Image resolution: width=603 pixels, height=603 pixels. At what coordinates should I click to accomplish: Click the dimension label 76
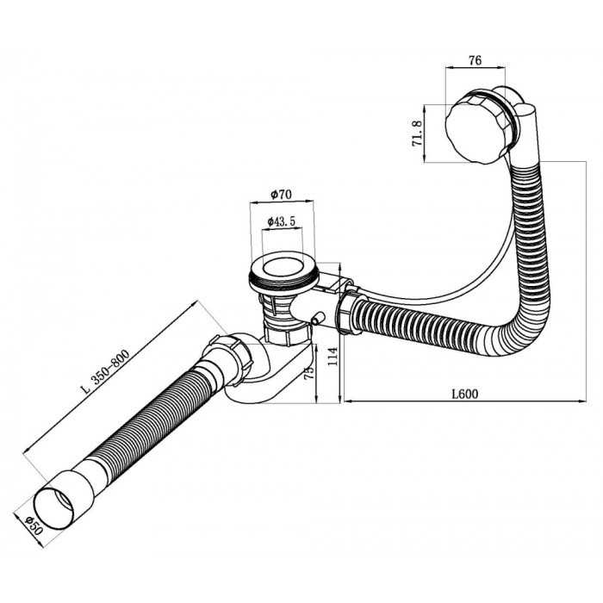[475, 60]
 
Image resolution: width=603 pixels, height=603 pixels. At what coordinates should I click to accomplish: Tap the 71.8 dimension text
[417, 133]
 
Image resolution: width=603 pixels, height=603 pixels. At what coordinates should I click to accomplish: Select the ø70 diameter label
[281, 194]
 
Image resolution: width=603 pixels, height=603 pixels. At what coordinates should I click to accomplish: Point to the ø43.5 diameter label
[281, 221]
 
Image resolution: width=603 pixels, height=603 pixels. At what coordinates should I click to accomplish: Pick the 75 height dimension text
[308, 372]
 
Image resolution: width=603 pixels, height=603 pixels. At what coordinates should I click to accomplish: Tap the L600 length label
[465, 394]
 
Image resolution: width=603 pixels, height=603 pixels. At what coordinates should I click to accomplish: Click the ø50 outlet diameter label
[33, 525]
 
